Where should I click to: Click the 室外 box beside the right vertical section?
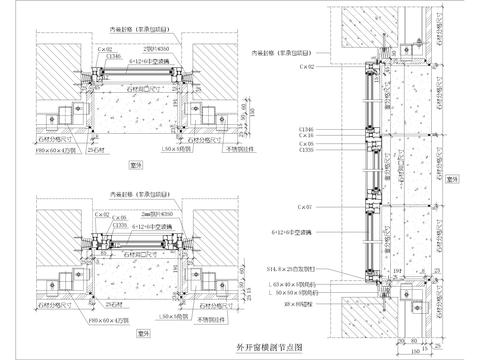tap(452, 177)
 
